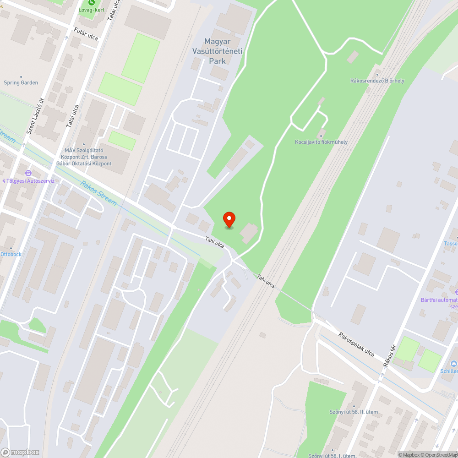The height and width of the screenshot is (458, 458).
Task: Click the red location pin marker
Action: coord(229,219)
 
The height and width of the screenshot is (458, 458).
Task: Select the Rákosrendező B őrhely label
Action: coord(377,81)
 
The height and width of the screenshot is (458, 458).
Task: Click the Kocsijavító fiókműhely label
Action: coord(321,142)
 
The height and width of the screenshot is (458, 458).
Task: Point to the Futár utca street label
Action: coord(86,33)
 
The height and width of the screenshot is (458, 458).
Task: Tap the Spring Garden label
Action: coord(21,82)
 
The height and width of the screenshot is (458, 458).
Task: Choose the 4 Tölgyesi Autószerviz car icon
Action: coord(28,173)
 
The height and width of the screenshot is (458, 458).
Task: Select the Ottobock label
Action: coord(11,254)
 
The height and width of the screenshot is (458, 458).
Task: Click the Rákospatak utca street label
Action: coord(356,344)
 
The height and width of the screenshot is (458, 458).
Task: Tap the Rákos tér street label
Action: coord(389,356)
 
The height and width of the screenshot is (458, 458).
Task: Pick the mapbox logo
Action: coord(20,452)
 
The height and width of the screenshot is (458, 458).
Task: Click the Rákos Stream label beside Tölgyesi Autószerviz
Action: coord(99,193)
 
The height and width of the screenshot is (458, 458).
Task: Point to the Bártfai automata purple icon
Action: coord(456,292)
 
